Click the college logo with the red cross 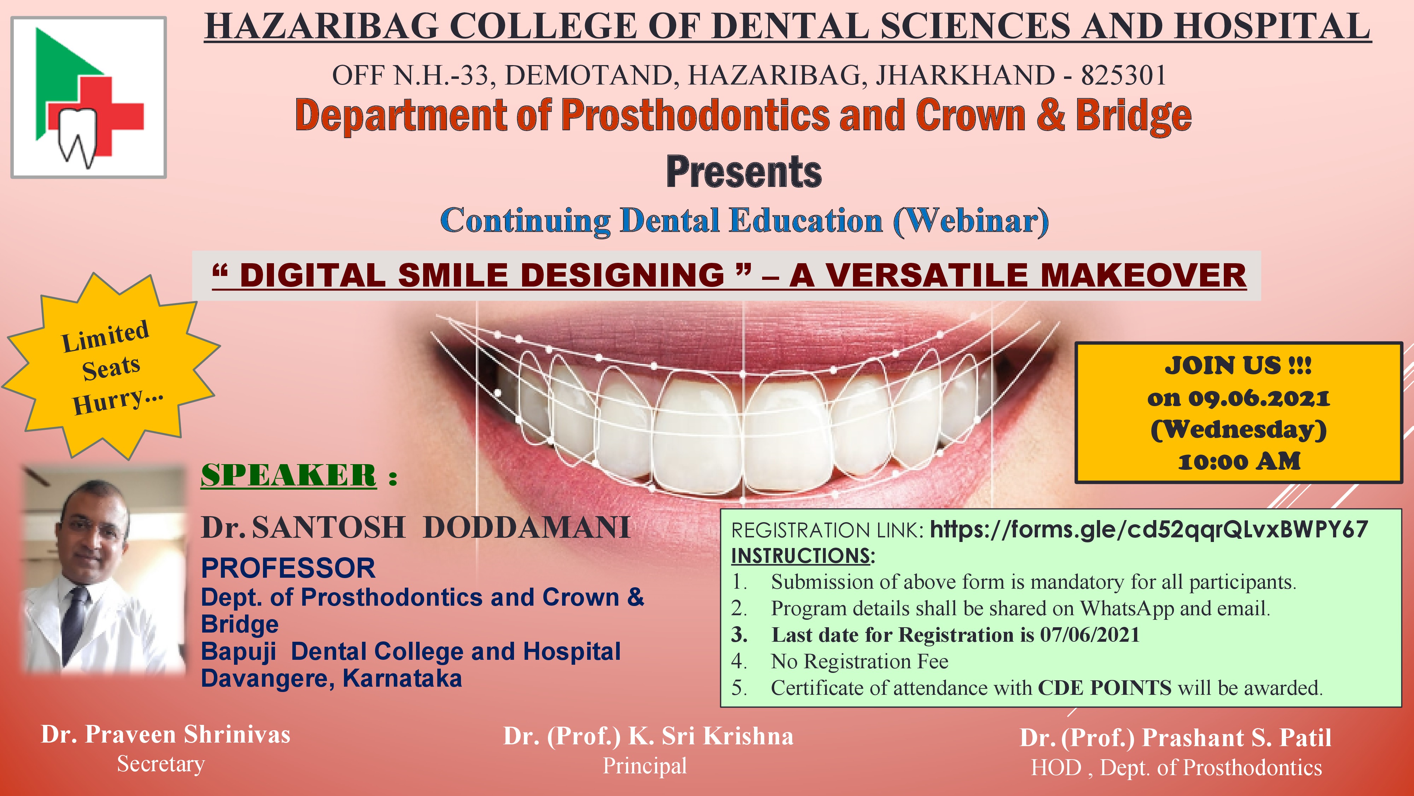[x=88, y=97]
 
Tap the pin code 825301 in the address [x=1124, y=75]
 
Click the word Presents [x=744, y=172]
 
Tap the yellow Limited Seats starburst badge [x=111, y=367]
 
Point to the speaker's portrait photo [x=103, y=570]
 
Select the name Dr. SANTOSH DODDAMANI [x=415, y=527]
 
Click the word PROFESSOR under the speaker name [x=288, y=568]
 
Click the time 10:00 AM [x=1239, y=461]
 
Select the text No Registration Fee [x=860, y=662]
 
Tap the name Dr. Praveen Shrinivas [x=166, y=734]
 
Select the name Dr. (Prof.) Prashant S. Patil [x=1176, y=738]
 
